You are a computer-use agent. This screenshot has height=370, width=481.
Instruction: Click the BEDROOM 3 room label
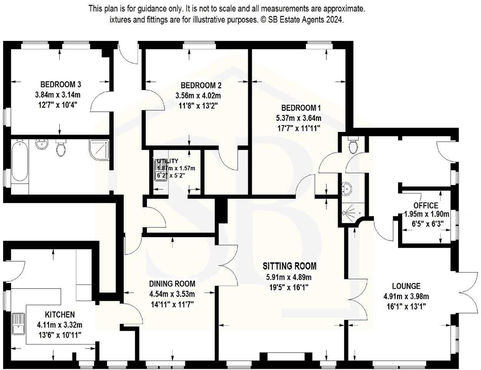[61, 84]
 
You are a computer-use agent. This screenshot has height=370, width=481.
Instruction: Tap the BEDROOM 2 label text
[201, 85]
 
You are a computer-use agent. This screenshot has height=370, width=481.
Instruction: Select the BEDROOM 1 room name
[301, 108]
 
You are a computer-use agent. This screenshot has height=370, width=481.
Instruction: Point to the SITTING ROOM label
[289, 266]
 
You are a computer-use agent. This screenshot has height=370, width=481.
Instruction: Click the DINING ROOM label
[172, 284]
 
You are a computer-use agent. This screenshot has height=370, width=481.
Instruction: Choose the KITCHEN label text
[60, 314]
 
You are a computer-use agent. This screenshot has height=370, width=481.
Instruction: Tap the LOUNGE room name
[406, 286]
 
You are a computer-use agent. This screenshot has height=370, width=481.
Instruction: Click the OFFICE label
[425, 205]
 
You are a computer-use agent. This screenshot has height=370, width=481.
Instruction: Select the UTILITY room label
[168, 161]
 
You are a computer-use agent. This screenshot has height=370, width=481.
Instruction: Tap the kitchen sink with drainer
[18, 324]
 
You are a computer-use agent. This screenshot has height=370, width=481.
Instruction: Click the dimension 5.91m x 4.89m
[289, 277]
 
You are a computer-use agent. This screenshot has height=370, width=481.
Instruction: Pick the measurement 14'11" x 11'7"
[172, 305]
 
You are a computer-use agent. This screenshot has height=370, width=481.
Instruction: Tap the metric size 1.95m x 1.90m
[427, 214]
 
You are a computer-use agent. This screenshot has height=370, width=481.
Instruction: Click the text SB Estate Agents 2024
[306, 20]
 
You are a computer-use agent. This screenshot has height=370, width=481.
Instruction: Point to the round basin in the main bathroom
[42, 144]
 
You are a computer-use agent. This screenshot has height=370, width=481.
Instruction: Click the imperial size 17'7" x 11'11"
[299, 128]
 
